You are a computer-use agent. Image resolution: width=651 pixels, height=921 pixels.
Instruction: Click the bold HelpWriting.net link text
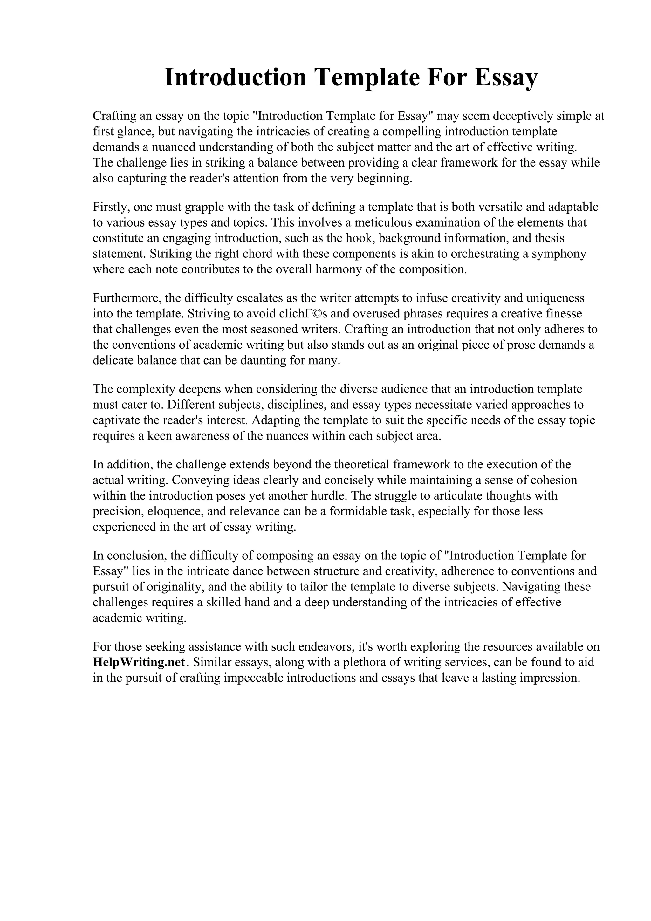click(x=139, y=662)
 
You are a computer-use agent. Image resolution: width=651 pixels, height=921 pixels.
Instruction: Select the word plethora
click(x=367, y=662)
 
